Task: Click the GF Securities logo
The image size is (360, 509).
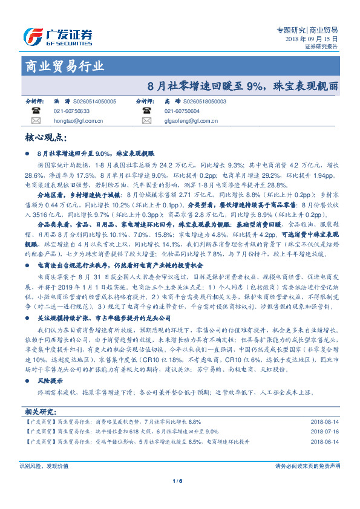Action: click(59, 36)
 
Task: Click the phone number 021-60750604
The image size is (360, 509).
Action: click(182, 111)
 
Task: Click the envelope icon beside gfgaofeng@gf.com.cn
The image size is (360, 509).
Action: click(146, 121)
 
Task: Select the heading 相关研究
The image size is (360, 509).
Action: click(40, 412)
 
